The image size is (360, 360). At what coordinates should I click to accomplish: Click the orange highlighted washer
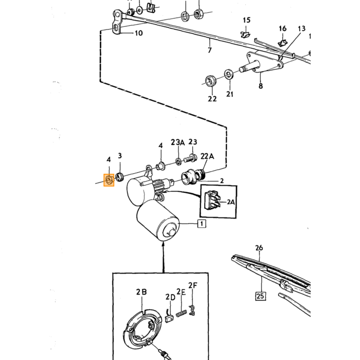click(109, 180)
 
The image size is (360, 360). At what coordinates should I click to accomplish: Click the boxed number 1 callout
click(202, 223)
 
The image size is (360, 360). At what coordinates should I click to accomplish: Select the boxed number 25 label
click(260, 296)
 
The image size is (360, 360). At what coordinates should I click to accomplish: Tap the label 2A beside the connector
click(231, 202)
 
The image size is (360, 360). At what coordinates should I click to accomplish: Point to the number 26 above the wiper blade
click(259, 248)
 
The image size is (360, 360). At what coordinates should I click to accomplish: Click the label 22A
click(207, 156)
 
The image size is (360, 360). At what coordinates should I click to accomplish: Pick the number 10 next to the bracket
click(138, 33)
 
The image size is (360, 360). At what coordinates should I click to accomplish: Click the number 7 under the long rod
click(210, 50)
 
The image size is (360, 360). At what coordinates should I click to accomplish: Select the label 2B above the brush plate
click(141, 292)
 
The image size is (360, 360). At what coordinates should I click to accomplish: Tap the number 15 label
click(246, 20)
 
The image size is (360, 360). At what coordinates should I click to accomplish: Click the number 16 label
click(283, 28)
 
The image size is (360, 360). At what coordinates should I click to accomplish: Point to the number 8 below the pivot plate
click(261, 86)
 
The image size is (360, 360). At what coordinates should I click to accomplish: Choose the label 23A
click(178, 142)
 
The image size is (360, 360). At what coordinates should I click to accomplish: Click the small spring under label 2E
click(182, 313)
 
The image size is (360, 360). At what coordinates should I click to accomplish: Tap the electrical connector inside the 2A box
click(212, 200)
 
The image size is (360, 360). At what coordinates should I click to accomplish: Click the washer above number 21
click(228, 74)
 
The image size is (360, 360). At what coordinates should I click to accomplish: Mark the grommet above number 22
click(210, 81)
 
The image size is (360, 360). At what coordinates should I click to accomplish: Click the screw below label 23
click(190, 158)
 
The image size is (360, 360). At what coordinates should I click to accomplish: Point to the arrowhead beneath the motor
click(163, 246)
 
